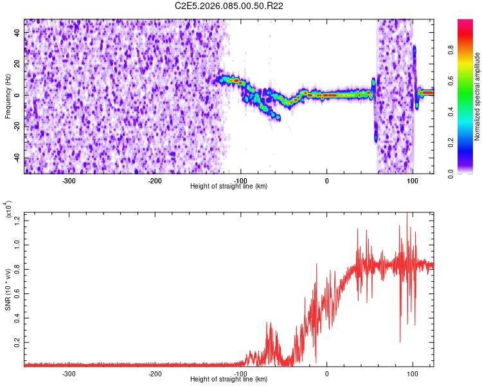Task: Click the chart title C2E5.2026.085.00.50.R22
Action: tap(229, 6)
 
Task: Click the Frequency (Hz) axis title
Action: tap(8, 96)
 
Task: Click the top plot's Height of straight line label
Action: tap(229, 186)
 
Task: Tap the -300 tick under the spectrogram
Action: tap(69, 179)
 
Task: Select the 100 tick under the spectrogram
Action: tap(412, 179)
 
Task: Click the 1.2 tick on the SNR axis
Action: tap(17, 221)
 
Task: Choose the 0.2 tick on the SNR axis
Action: tap(17, 342)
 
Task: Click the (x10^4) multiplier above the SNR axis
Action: tap(8, 210)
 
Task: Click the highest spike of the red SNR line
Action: tap(407, 214)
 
